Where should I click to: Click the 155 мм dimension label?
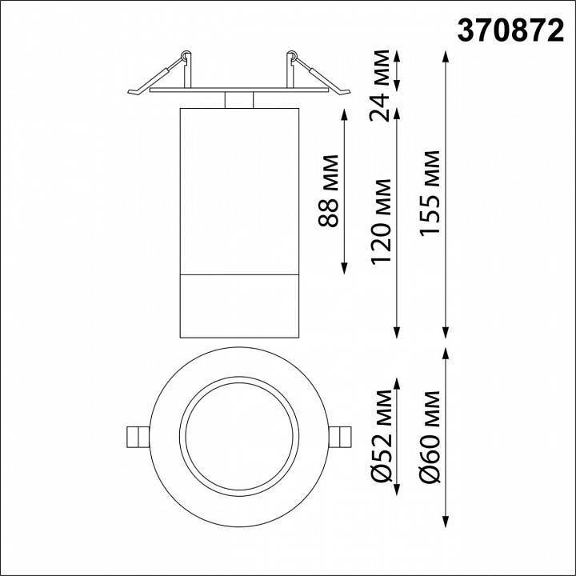432,193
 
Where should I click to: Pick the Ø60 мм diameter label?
432,437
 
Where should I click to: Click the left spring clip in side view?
165,76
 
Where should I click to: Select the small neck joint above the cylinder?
239,100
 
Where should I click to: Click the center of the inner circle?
239,436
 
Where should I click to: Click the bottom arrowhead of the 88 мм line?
344,269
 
